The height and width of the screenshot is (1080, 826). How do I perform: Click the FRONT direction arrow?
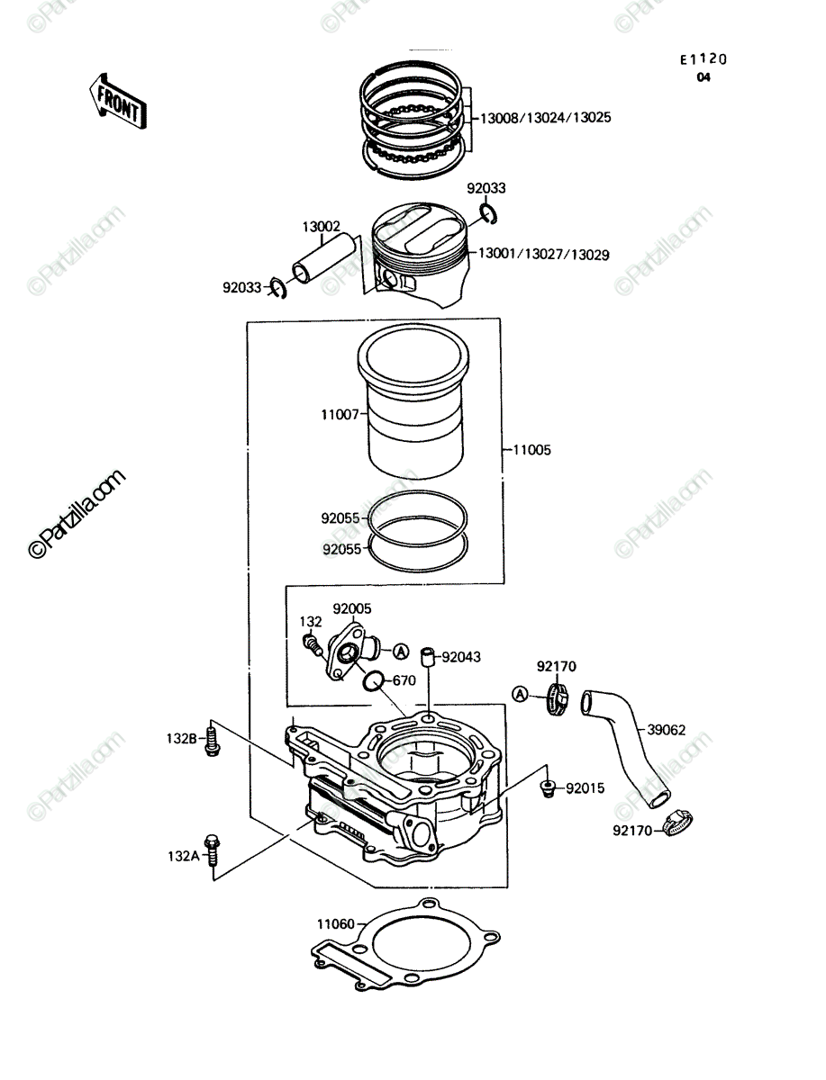click(118, 103)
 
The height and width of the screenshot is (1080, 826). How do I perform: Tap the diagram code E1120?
click(703, 59)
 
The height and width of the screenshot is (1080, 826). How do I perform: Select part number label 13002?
click(321, 227)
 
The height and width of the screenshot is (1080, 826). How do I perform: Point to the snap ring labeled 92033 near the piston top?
click(489, 214)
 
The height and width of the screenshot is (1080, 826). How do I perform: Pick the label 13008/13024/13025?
click(546, 118)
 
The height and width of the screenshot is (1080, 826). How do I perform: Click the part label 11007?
click(340, 415)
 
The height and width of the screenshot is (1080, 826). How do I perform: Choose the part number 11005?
click(532, 450)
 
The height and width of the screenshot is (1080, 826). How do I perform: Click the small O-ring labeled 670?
click(374, 681)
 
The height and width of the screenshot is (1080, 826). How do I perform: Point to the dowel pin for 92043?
click(427, 657)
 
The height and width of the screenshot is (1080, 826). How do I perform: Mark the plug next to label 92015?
click(548, 788)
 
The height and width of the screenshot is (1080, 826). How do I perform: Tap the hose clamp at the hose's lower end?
click(678, 823)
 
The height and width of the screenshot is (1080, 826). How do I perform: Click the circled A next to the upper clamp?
click(520, 694)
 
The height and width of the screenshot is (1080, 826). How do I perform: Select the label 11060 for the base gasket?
click(336, 924)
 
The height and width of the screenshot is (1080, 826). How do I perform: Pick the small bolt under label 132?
click(312, 645)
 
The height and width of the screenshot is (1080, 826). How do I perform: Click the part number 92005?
click(352, 608)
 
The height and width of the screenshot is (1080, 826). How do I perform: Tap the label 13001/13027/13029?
click(544, 255)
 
